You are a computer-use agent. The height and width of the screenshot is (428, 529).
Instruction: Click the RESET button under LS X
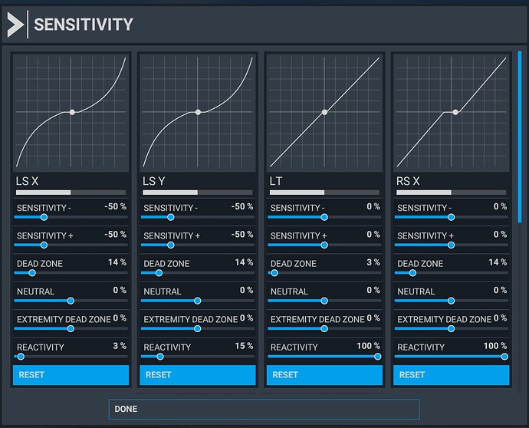[x=71, y=375]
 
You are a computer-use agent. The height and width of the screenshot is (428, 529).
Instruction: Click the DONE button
[x=264, y=409]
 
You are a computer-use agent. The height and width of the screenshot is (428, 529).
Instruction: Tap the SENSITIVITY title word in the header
[x=84, y=25]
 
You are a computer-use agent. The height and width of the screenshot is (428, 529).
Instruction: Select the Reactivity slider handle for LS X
[x=21, y=357]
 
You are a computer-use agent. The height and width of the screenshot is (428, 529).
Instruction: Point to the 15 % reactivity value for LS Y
[x=244, y=346]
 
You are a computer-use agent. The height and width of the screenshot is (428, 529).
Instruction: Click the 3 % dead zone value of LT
[x=373, y=262]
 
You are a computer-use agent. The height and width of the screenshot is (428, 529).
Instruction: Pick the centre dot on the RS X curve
[x=455, y=112]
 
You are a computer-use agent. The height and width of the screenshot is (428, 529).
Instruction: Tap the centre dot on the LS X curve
[x=71, y=112]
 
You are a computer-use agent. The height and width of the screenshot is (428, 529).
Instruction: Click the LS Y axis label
[x=153, y=181]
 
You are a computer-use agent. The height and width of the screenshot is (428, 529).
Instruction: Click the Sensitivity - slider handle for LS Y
[x=170, y=217]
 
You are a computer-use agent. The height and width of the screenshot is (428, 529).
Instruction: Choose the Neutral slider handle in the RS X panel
[x=451, y=301]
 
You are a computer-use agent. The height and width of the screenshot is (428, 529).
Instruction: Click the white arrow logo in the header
[x=15, y=25]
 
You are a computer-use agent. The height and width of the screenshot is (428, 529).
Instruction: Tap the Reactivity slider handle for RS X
[x=504, y=357]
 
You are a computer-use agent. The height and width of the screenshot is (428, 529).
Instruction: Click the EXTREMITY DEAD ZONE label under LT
[x=317, y=319]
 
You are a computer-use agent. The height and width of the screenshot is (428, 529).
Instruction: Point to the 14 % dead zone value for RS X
[x=498, y=262]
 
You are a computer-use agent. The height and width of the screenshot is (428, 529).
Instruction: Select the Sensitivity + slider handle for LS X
[x=43, y=245]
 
